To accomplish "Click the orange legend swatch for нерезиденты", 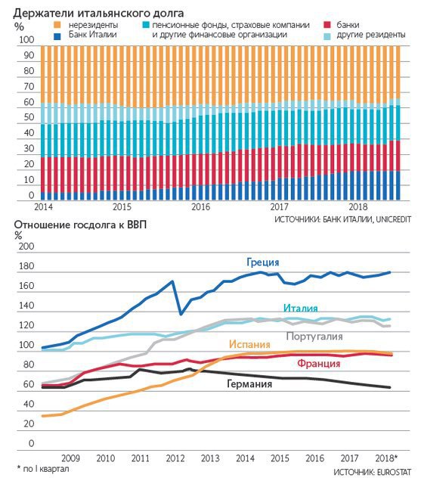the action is (x=57, y=25).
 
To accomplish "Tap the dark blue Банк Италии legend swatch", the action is (x=57, y=36).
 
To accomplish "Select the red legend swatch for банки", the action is (x=327, y=25).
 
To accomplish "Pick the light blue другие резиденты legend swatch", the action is (x=327, y=36).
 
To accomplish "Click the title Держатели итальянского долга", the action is (x=99, y=13).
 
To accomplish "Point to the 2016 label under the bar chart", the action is (x=200, y=206).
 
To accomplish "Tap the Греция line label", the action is (x=263, y=262).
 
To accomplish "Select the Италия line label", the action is (x=300, y=308).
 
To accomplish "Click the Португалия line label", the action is (x=314, y=336).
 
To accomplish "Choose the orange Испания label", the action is (x=249, y=344).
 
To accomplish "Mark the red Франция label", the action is (x=318, y=363).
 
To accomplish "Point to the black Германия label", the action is (x=249, y=383).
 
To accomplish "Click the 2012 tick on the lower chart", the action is (x=175, y=458).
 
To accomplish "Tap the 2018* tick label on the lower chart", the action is (x=386, y=458).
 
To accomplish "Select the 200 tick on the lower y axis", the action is (x=26, y=247).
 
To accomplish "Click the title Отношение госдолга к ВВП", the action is (x=80, y=225).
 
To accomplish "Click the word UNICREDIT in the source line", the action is (x=394, y=219).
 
